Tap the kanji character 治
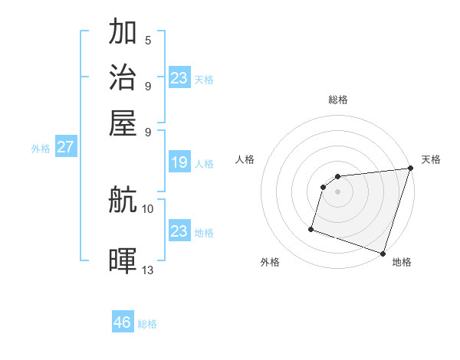(x=123, y=77)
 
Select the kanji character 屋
(x=123, y=123)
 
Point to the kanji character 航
(x=123, y=201)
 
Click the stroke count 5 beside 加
(x=148, y=40)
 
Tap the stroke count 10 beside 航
(x=148, y=208)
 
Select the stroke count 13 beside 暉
(x=148, y=270)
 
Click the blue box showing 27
(x=65, y=147)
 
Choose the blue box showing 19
(x=179, y=162)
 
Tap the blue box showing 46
(x=122, y=322)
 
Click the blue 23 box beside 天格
(x=179, y=77)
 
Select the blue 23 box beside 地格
(x=179, y=231)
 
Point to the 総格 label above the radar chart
(x=338, y=100)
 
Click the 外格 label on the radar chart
(x=270, y=262)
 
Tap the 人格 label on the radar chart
(x=245, y=159)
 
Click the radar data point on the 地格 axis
(x=383, y=253)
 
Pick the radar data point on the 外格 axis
(x=311, y=228)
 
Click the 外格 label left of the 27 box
(x=40, y=149)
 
